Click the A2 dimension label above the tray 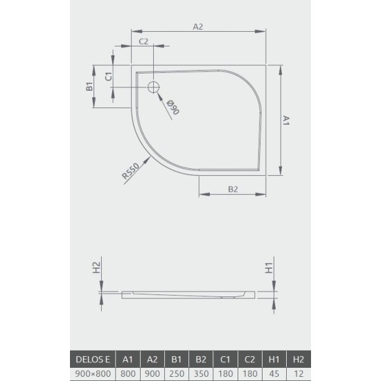click(x=198, y=26)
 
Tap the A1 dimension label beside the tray click(x=285, y=121)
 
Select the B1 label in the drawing click(x=89, y=87)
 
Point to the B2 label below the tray click(x=233, y=188)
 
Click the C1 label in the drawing click(x=108, y=76)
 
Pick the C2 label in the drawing click(x=144, y=42)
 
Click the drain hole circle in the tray click(x=154, y=87)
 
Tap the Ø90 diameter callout click(x=172, y=108)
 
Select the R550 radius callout click(x=132, y=171)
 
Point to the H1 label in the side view click(x=270, y=268)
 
